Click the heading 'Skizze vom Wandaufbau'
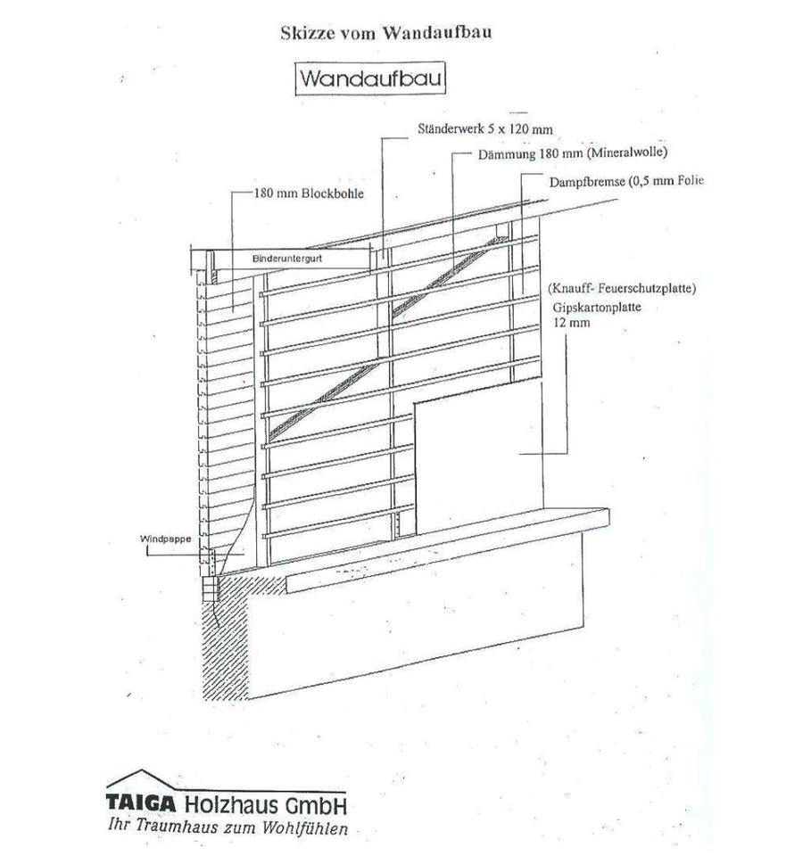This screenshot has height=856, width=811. pos(385,33)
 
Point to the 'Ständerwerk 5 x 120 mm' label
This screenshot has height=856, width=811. pos(484,129)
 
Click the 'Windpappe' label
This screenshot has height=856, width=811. pos(161,539)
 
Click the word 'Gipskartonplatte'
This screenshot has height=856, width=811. pos(595,308)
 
